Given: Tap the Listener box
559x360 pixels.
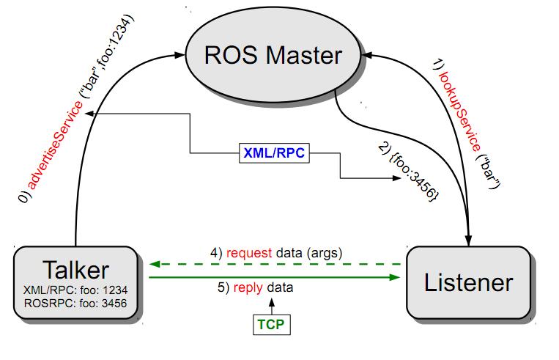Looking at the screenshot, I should [x=468, y=282].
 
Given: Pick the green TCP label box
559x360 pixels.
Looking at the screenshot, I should [x=271, y=323].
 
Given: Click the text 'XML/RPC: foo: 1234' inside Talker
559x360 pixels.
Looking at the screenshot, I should [x=76, y=290].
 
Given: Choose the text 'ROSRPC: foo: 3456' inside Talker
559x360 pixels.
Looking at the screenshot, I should [x=76, y=301].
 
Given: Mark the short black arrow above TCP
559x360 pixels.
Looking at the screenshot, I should [x=271, y=305].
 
